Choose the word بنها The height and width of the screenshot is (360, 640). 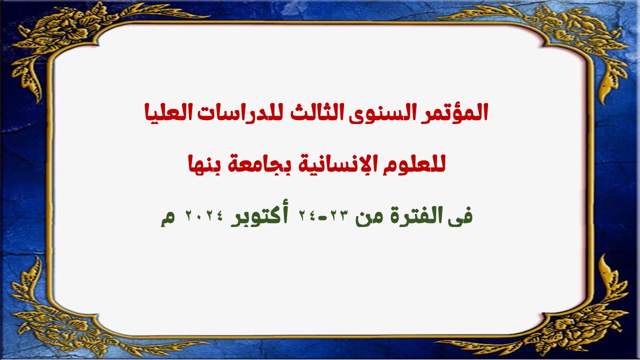pos(204,165)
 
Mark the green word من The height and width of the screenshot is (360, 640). pos(368,218)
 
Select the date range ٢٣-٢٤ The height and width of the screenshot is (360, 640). pos(324,215)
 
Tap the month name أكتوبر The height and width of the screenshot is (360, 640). pos(259,216)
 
